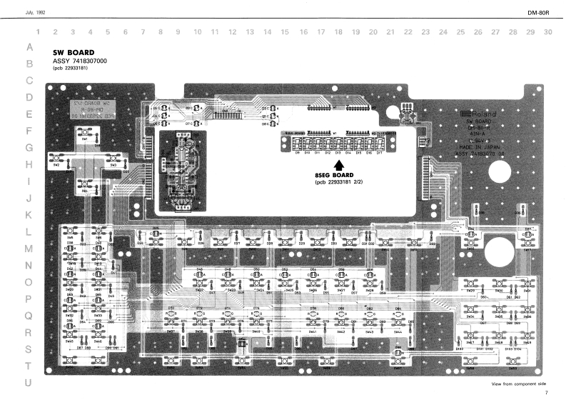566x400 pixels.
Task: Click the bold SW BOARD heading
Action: coord(75,53)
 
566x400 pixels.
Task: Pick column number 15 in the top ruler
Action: coord(285,32)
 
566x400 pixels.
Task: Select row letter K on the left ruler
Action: coord(29,214)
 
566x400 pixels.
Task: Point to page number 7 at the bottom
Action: coord(546,393)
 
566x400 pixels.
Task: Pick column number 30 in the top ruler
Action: coord(547,32)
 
